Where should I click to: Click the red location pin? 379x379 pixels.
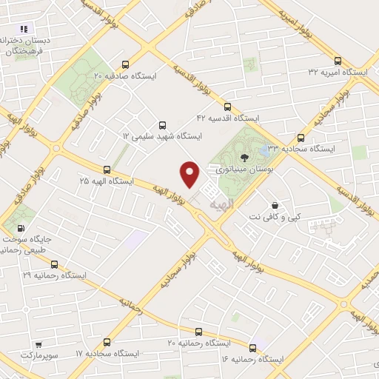[190, 172]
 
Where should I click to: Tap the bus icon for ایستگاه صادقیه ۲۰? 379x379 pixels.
[125, 64]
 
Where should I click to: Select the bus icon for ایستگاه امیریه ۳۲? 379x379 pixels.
[338, 61]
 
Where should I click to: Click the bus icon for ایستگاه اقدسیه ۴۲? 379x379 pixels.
[227, 107]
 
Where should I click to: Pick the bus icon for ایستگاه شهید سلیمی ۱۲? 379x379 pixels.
[161, 125]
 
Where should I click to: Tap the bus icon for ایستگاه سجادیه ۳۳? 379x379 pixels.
[301, 137]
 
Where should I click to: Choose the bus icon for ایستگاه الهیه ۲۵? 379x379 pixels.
[108, 170]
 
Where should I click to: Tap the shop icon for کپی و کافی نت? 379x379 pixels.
[275, 205]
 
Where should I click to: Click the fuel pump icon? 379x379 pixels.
[21, 229]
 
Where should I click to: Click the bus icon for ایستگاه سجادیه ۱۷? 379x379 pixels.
[108, 342]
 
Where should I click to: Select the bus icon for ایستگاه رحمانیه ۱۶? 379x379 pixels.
[253, 347]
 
